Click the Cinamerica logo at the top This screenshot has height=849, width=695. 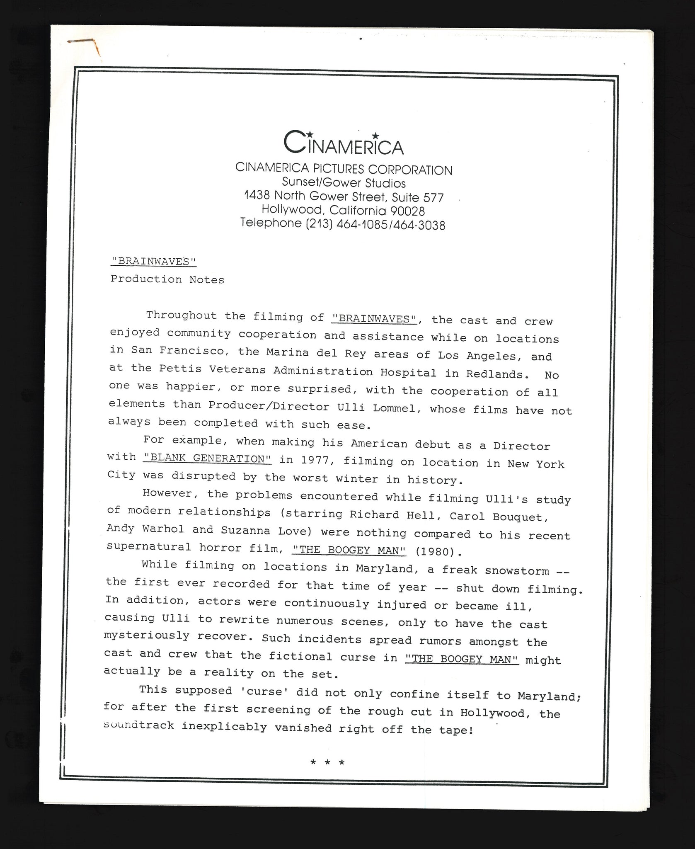(x=343, y=143)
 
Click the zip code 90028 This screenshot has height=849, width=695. (x=408, y=211)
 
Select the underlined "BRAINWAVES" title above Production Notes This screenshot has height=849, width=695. (x=153, y=261)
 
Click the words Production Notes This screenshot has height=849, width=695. (x=167, y=279)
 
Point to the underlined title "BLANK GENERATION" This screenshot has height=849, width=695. (x=207, y=458)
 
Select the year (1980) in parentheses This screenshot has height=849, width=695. (x=438, y=552)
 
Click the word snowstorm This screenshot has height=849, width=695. (x=516, y=571)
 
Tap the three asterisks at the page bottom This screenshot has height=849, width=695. (x=327, y=762)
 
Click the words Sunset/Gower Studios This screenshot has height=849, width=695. (x=344, y=183)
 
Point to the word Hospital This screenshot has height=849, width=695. (x=408, y=372)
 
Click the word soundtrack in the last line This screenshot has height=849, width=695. (x=139, y=725)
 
